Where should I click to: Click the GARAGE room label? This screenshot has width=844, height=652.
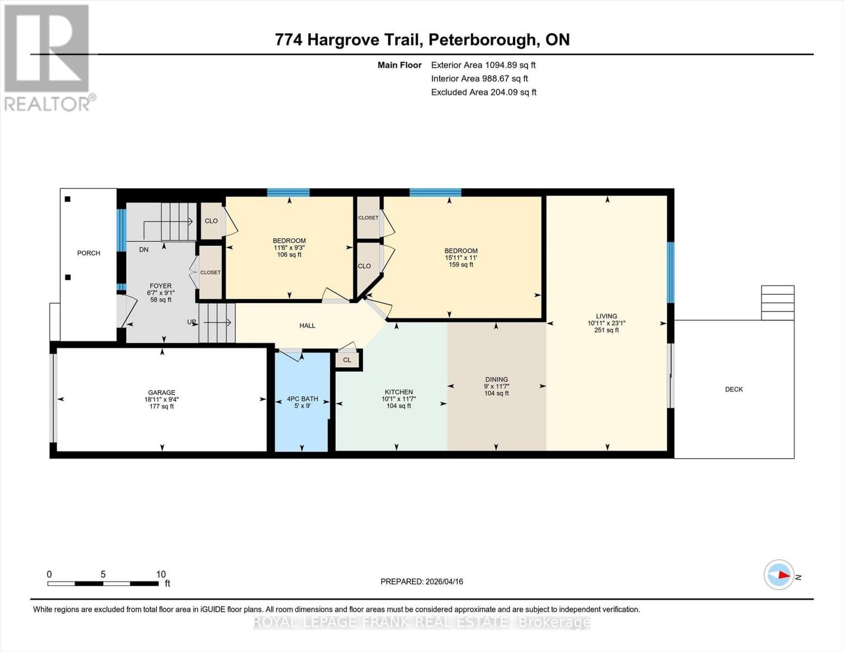coord(161,392)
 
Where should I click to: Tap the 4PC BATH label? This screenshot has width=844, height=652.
coord(302,399)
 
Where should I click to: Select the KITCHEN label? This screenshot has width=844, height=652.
coord(399,392)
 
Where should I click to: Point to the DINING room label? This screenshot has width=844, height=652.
coord(496,379)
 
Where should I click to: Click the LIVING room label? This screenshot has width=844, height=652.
coord(606,316)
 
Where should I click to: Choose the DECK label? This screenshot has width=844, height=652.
coord(734,389)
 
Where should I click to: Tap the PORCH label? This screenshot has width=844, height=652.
coord(89,253)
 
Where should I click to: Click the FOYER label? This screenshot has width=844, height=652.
coord(160,286)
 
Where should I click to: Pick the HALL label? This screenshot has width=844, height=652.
coord(307,325)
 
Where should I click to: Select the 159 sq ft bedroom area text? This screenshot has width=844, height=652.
coord(461,265)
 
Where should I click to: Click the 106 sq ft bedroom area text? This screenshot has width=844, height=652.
coord(289,255)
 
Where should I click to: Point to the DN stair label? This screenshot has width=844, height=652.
coord(143,249)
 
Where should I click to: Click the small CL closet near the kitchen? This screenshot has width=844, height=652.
coord(347,360)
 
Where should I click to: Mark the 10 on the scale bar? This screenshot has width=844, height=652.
coord(161,574)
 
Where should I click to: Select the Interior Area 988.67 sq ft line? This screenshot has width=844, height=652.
coord(479,78)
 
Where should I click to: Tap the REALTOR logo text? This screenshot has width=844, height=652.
coord(48,104)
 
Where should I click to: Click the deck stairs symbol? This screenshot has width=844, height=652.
coord(778,303)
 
